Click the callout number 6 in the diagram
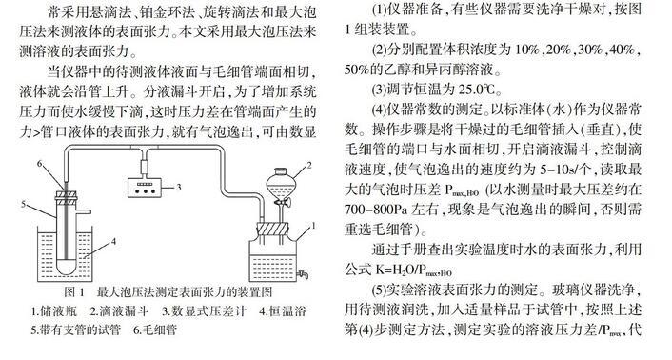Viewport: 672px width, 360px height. point(39,163)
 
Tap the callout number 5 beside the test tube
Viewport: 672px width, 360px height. point(24,205)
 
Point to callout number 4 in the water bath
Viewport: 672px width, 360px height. point(113,241)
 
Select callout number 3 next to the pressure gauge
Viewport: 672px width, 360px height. point(179,187)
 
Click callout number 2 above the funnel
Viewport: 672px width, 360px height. point(309,165)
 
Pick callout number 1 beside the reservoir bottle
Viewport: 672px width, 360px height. point(314,226)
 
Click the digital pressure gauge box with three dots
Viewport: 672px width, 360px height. point(146,188)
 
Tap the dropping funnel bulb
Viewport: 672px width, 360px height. point(280,182)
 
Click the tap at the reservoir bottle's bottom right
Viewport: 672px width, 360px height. point(304,273)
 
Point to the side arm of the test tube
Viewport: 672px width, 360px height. point(84,211)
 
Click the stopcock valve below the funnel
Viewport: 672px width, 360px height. point(282,203)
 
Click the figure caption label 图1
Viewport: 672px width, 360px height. point(74,292)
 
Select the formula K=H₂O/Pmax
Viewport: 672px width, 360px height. point(413,270)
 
